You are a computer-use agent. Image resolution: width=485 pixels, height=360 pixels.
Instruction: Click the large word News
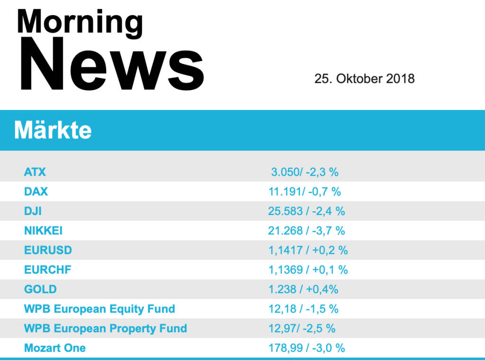coord(112,64)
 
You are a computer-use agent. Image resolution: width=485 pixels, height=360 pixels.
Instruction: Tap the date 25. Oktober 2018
coord(364,79)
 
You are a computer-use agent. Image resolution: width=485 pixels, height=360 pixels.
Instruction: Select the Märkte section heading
coord(53,130)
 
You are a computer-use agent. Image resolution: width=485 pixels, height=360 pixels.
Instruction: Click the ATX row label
coord(35,172)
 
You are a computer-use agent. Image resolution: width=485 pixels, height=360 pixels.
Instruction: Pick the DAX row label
coord(36,191)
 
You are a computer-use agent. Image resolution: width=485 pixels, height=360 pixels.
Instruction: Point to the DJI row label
coord(33,211)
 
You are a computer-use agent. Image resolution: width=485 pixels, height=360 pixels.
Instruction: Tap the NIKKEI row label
coord(44,231)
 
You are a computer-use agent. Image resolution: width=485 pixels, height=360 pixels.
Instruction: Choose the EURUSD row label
coord(48,250)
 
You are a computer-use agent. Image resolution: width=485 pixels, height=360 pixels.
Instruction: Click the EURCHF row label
coord(48,270)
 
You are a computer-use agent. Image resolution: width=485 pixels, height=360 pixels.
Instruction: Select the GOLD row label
coord(40,289)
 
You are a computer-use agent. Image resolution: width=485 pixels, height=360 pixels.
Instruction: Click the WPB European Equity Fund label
coord(99,309)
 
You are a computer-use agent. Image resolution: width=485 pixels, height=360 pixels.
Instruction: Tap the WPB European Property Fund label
coord(105,328)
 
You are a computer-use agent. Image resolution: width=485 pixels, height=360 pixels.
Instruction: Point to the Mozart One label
coord(55,348)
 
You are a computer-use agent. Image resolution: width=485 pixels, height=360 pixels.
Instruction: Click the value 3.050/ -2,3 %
coord(305,172)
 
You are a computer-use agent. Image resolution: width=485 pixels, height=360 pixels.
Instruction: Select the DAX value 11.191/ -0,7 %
coord(305,191)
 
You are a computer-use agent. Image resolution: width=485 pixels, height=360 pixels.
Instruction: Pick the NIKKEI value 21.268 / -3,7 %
coord(306,231)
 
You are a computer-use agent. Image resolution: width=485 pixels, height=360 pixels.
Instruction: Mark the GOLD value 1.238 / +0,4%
coord(303,289)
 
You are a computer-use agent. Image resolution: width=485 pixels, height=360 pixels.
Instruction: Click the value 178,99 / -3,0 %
coord(306,348)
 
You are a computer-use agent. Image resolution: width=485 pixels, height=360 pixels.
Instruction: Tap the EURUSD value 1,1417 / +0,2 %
coord(308,250)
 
